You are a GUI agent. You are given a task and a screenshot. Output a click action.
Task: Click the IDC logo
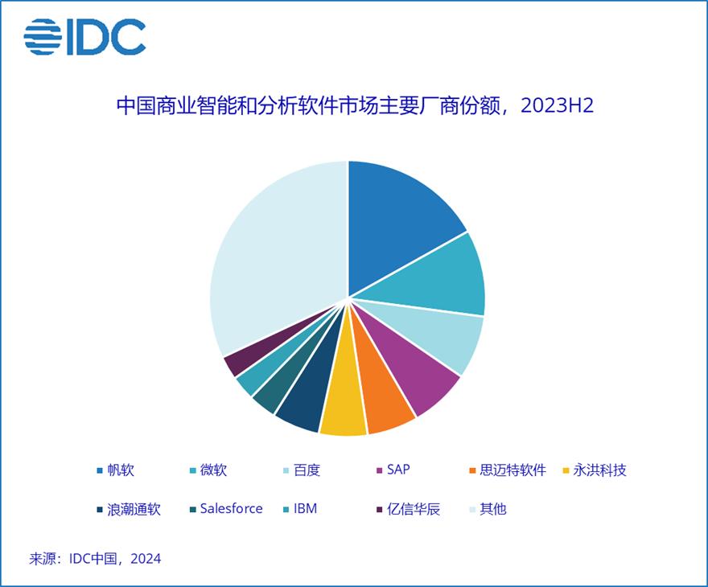point(84,37)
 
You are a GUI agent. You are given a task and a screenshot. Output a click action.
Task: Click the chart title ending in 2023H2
point(354,106)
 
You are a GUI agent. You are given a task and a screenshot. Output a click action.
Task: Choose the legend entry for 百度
point(307,470)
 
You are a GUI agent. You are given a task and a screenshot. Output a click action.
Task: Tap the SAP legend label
point(397,470)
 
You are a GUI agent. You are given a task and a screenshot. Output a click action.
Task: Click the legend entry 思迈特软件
point(512,470)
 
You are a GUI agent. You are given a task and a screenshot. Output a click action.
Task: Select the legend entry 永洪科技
point(599,470)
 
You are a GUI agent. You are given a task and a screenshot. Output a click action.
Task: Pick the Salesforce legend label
point(231,509)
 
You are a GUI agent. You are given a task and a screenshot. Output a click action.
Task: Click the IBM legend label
point(305,509)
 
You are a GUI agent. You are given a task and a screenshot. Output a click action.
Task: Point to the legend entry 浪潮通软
point(133,509)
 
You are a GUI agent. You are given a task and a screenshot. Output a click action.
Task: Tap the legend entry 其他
point(492,509)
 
